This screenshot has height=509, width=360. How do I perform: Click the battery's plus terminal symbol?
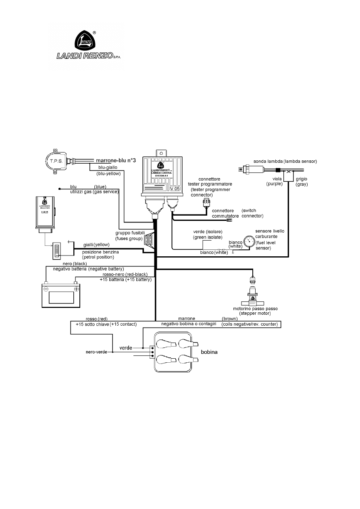(76, 289)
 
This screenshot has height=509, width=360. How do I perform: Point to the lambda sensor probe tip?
(241, 170)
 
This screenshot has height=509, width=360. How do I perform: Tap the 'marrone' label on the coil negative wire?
(186, 318)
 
